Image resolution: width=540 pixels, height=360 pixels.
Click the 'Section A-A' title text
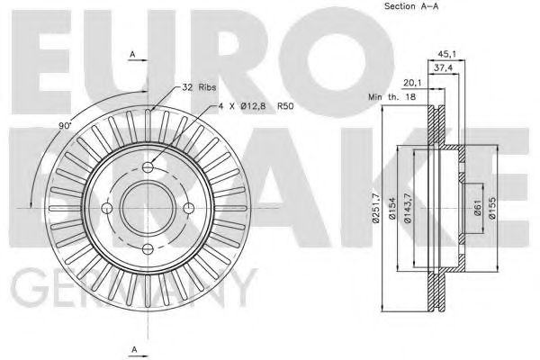tap(411, 6)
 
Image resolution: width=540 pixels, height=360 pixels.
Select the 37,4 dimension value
tap(443, 68)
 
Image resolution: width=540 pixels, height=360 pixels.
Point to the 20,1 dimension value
tap(413, 83)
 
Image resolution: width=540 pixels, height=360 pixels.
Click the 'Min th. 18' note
tap(391, 97)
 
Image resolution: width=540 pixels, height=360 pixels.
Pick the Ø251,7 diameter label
tap(376, 208)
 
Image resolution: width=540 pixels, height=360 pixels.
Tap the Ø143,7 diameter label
tap(408, 208)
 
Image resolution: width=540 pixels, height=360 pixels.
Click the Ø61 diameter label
tap(477, 208)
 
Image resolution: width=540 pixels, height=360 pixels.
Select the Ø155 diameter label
tap(491, 208)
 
